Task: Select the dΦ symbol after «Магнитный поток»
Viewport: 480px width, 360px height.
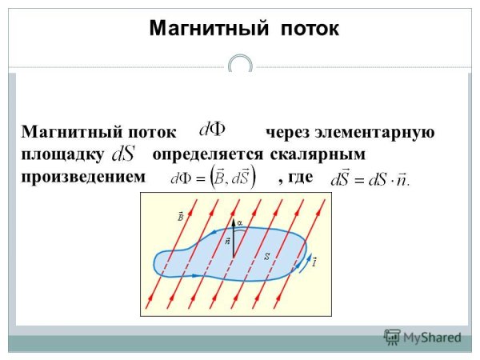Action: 214,130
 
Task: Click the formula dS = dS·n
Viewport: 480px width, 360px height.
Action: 370,178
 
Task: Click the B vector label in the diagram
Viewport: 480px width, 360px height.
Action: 181,216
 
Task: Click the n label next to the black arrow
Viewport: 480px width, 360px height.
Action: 227,239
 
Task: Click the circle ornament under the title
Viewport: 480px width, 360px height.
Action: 240,66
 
